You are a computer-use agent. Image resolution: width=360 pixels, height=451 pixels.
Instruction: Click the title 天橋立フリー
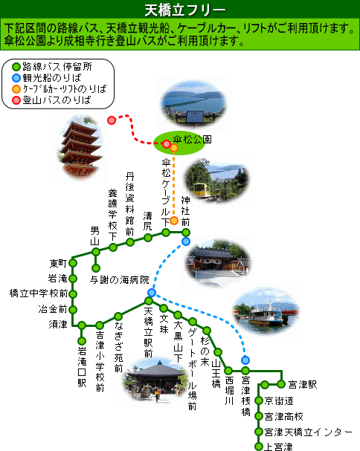(x=184, y=10)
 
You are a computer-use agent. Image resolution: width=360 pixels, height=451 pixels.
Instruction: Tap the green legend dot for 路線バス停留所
(x=16, y=67)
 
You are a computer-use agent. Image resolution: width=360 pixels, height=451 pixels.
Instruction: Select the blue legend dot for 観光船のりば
(x=16, y=78)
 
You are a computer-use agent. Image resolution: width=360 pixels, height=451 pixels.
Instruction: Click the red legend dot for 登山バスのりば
(x=16, y=100)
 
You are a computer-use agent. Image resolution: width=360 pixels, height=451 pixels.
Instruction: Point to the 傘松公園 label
(x=192, y=140)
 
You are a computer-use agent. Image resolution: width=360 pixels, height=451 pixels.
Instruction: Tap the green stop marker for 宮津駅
(x=281, y=384)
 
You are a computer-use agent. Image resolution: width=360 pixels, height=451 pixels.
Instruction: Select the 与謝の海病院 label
(x=120, y=279)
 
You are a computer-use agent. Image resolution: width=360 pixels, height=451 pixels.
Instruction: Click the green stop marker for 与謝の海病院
(x=96, y=268)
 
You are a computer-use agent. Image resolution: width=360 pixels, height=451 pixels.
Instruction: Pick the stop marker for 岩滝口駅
(x=82, y=341)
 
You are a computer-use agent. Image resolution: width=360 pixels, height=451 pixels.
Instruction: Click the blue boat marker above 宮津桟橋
(x=245, y=360)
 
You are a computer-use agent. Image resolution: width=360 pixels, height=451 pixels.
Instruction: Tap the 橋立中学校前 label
(x=39, y=293)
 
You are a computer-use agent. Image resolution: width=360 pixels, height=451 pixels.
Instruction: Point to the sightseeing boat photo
(x=266, y=312)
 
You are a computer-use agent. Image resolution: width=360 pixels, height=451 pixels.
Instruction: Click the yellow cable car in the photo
(x=202, y=189)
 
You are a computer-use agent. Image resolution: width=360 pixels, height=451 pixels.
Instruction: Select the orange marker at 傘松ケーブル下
(x=173, y=221)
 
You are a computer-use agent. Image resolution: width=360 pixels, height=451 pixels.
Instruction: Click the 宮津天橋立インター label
(x=308, y=432)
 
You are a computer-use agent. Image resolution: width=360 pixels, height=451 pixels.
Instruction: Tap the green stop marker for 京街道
(x=259, y=400)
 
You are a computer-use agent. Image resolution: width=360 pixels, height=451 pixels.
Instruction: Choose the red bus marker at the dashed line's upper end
(x=112, y=120)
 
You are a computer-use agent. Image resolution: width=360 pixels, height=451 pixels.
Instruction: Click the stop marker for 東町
(x=73, y=263)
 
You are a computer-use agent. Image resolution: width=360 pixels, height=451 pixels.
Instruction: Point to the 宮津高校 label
(x=283, y=417)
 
